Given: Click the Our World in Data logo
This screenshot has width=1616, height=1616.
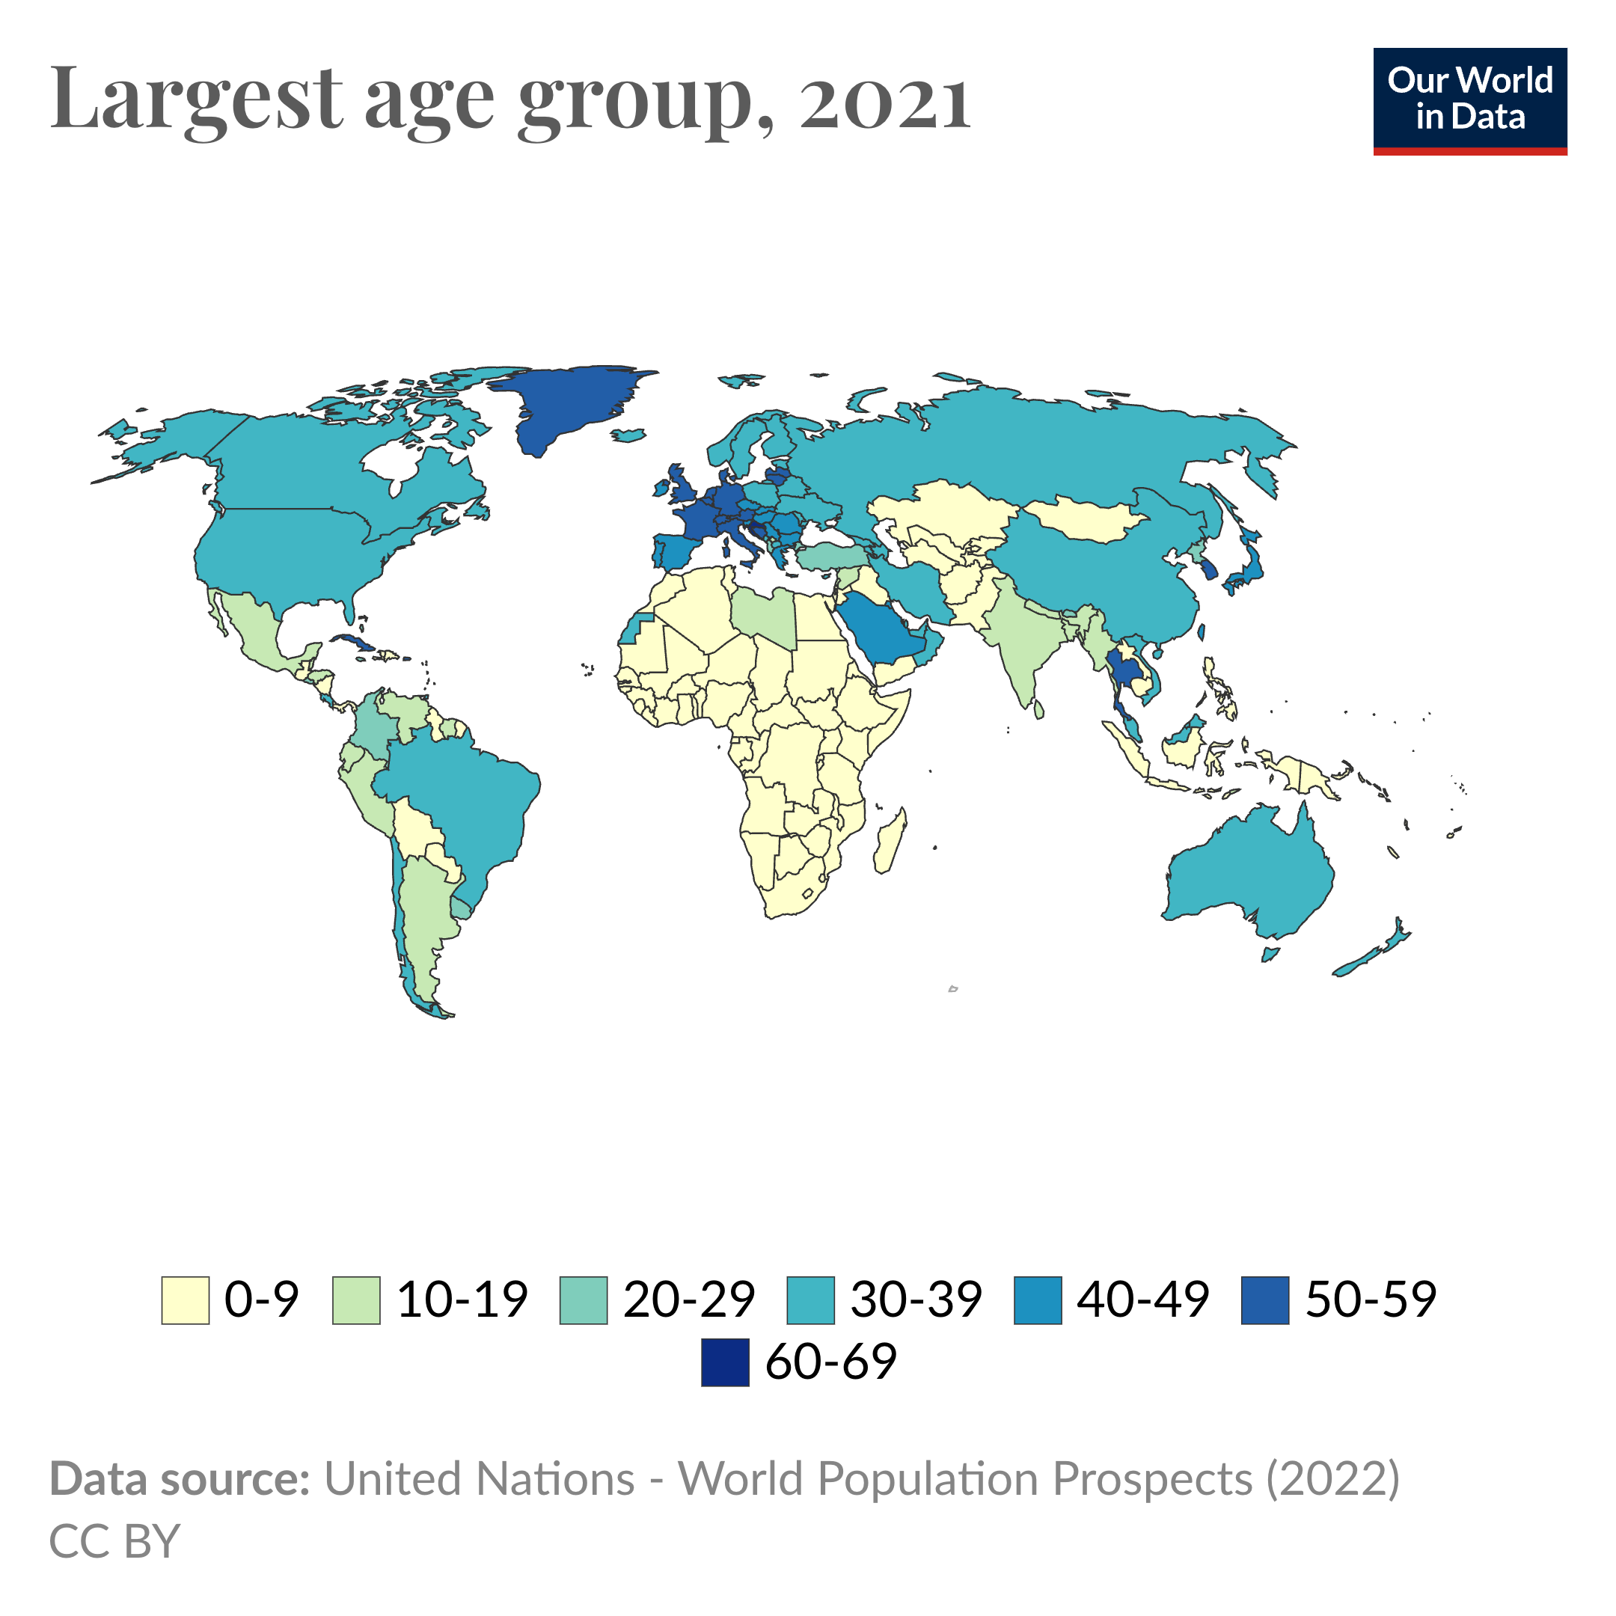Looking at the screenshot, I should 1469,100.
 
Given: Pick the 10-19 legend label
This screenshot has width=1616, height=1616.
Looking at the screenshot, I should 462,1300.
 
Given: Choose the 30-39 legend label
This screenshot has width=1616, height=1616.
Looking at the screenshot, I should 916,1300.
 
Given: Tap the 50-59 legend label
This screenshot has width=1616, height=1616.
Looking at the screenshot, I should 1370,1300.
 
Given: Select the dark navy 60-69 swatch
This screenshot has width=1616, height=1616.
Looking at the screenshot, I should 725,1362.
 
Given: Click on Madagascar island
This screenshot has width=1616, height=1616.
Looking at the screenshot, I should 890,841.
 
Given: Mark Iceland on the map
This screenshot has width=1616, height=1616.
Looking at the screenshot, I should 628,435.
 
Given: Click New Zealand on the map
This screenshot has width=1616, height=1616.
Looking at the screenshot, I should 1372,954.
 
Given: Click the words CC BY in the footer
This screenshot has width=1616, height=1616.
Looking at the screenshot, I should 114,1541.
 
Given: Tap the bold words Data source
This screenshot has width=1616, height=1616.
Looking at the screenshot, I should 180,1479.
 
